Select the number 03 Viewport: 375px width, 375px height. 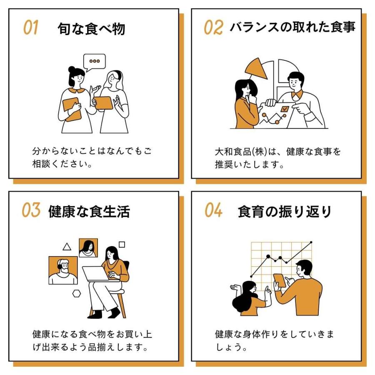[31, 211]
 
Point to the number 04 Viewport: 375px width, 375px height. [213, 211]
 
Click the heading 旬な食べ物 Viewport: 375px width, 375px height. [91, 29]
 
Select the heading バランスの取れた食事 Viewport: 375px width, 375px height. [292, 28]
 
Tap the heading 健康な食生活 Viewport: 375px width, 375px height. [89, 211]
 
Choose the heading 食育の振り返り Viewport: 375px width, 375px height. [285, 211]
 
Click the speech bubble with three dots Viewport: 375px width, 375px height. [95, 61]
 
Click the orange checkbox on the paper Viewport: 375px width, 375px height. [285, 109]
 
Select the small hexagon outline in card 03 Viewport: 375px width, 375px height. [76, 293]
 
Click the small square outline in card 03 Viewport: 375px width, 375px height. [122, 245]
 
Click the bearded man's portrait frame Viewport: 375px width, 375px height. [63, 270]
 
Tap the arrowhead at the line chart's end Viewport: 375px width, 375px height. [310, 242]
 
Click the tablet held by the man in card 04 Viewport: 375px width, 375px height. [280, 280]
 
